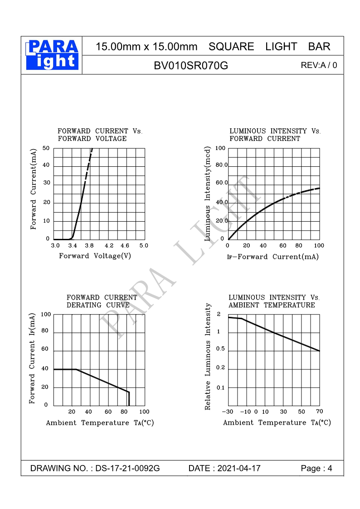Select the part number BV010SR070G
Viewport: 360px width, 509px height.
[191, 66]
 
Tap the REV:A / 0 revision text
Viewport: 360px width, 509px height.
[319, 65]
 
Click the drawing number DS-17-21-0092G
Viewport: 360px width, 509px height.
[127, 468]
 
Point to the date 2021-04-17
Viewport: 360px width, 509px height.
[239, 468]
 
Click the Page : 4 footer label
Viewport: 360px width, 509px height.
[316, 468]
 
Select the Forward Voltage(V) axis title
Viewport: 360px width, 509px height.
[95, 256]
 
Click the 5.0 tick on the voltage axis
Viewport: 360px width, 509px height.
[144, 246]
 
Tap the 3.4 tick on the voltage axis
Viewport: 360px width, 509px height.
[72, 246]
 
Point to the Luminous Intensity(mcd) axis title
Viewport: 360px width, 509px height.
[208, 193]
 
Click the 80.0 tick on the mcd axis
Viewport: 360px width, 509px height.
[222, 165]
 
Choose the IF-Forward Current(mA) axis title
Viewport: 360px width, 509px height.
[273, 257]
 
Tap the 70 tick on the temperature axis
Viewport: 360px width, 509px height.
[319, 412]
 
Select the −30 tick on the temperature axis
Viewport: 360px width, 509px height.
[227, 412]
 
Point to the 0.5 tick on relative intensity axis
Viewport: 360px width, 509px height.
[220, 349]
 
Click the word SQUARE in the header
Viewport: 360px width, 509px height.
[231, 47]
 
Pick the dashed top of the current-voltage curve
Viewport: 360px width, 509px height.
[90, 159]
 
